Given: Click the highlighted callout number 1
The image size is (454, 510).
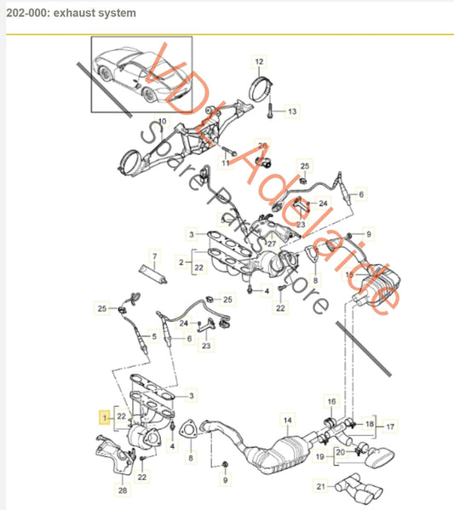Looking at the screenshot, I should tap(105, 418).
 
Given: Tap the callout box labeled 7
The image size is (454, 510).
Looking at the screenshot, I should tap(155, 255).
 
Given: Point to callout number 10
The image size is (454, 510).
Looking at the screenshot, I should tap(162, 121).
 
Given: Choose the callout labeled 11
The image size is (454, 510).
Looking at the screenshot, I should tap(227, 162).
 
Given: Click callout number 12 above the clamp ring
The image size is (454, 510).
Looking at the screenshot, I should tap(259, 61).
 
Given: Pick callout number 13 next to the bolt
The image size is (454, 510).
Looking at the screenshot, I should tap(291, 112).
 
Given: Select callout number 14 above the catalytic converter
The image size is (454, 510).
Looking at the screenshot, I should tap(287, 421).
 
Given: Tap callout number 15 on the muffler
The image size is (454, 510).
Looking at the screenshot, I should tap(348, 275).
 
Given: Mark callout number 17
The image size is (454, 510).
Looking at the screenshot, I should tap(389, 427).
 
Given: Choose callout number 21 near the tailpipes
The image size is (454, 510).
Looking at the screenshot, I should tap(320, 486).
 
